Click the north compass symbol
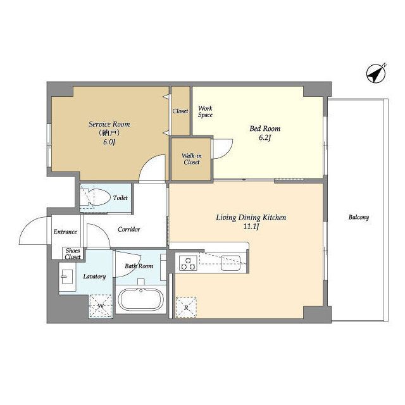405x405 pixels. [x=377, y=73]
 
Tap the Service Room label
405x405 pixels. [x=109, y=124]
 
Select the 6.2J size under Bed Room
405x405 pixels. [x=265, y=138]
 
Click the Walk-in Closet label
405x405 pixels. [x=192, y=159]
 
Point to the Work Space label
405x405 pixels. [x=205, y=111]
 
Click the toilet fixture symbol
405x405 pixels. [x=94, y=197]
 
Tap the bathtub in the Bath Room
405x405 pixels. [x=140, y=299]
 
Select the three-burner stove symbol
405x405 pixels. [x=188, y=263]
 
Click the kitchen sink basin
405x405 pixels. [x=230, y=263]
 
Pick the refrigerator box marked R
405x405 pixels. [x=185, y=308]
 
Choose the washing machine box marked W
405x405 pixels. [x=101, y=306]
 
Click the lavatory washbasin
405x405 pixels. [x=66, y=277]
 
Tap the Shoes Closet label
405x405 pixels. [x=73, y=254]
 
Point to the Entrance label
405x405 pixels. [x=65, y=232]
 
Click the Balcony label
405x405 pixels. [x=359, y=217]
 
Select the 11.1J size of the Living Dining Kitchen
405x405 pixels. [x=251, y=227]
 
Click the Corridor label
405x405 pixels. [x=129, y=229]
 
